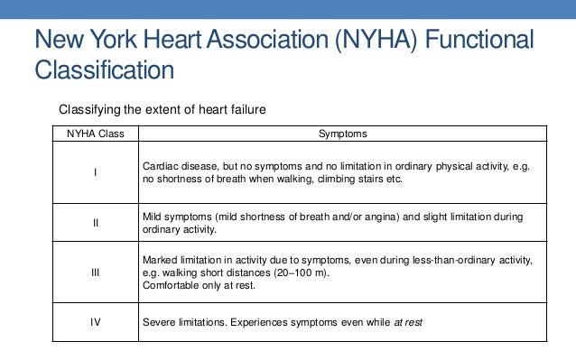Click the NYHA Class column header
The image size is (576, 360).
pos(97,134)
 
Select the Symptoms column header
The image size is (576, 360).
pos(343,134)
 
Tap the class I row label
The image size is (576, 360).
pos(97,173)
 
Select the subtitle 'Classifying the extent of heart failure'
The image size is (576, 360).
pos(163,110)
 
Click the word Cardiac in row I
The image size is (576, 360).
pos(161,168)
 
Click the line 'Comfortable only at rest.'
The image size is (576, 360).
pos(198,285)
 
